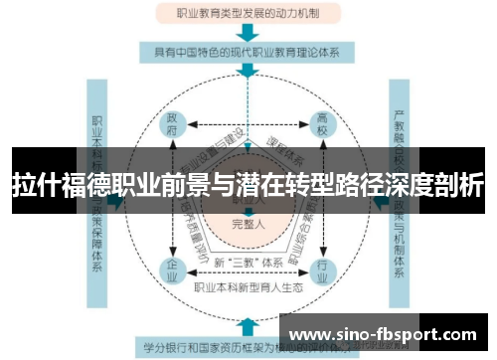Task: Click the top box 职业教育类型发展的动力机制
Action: pos(248,14)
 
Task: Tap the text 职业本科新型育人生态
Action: pos(248,286)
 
